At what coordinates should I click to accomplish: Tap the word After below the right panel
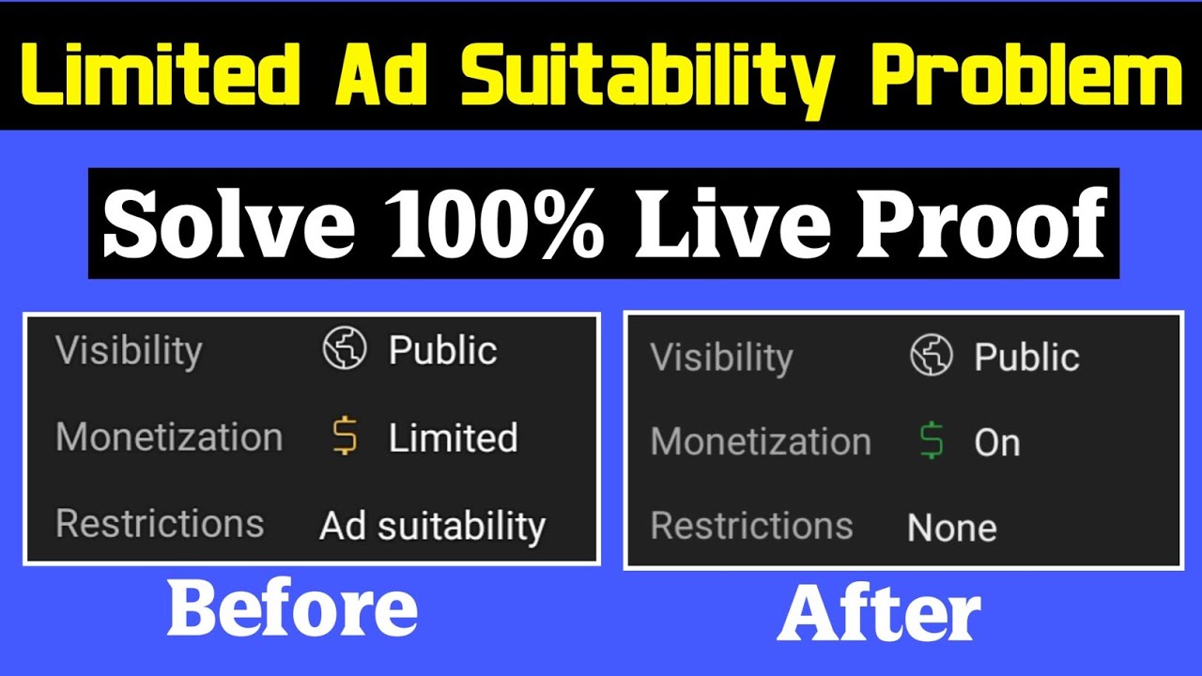click(879, 615)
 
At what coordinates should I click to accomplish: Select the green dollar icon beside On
click(932, 442)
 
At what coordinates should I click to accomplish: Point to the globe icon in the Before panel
click(344, 350)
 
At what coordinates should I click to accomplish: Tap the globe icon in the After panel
click(932, 357)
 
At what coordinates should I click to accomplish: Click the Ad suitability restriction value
click(432, 526)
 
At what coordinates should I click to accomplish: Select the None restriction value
click(951, 528)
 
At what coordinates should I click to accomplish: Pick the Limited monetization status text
click(453, 438)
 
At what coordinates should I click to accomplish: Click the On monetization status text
click(996, 443)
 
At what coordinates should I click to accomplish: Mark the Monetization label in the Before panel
click(169, 438)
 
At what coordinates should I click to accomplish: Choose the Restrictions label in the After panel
click(751, 526)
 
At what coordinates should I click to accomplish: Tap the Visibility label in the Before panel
click(129, 351)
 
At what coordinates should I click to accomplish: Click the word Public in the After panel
click(1026, 358)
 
